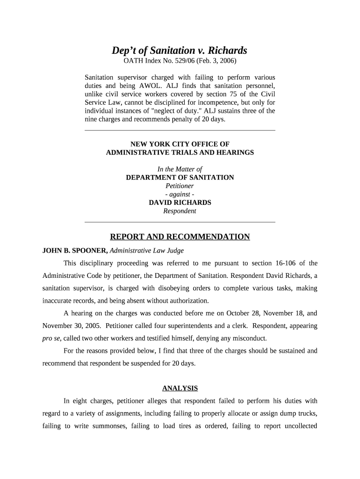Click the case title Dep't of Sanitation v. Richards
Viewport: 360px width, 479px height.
click(x=180, y=51)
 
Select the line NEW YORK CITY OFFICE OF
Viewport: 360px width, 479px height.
click(x=180, y=144)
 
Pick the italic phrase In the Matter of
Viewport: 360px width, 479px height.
click(x=180, y=169)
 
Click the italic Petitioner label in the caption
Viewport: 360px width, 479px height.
click(x=180, y=186)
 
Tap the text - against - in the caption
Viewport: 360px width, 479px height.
click(x=180, y=194)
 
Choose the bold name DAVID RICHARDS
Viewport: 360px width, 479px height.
click(x=180, y=203)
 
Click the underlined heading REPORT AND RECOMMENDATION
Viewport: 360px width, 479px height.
click(x=180, y=237)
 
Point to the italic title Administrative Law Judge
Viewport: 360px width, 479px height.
click(x=146, y=250)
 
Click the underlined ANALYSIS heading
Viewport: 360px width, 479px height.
click(x=180, y=388)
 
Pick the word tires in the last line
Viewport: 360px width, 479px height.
click(x=184, y=426)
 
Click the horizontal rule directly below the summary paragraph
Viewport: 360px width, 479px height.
click(x=180, y=130)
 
